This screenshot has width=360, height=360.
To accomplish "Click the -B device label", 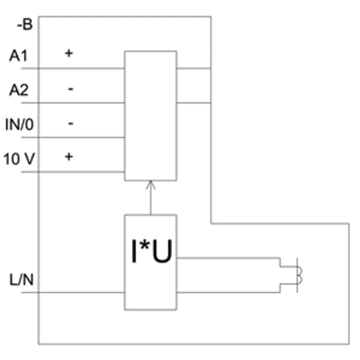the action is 25,24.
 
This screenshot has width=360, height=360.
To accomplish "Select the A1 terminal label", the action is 18,55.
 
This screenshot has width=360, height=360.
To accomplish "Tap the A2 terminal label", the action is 19,90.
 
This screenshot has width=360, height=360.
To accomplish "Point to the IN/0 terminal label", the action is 19,125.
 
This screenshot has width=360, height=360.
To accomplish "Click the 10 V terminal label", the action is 19,159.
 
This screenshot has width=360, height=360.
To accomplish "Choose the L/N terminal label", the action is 21,279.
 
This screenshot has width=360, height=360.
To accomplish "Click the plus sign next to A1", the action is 69,53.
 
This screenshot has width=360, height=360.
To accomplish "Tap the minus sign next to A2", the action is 71,89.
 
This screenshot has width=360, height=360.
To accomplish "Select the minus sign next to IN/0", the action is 71,123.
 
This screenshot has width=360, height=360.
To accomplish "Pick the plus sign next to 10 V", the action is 69,157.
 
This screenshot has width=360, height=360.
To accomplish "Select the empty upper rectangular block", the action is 125,116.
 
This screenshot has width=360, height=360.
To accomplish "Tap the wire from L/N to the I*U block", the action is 73,292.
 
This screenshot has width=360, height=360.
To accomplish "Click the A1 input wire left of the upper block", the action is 73,68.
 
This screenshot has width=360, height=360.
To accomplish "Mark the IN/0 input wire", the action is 73,138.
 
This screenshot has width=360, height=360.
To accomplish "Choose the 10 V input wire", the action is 73,172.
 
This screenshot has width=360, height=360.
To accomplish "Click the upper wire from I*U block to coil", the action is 229,258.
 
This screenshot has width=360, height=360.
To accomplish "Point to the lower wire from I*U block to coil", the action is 229,292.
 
